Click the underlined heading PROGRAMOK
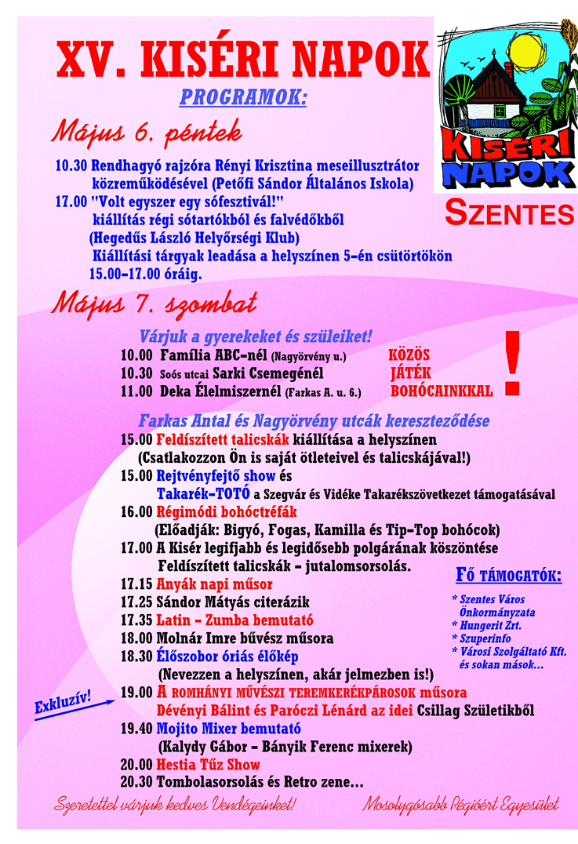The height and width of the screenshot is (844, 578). coord(243,98)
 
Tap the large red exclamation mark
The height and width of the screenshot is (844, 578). coord(512,362)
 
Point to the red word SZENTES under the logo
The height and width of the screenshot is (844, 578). coord(510,212)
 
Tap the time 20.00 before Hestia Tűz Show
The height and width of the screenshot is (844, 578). coord(136,764)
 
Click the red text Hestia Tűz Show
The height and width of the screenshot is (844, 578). coord(208,764)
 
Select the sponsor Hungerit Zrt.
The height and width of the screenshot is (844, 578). coord(490,626)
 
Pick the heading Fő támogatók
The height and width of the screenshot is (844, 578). coord(509,577)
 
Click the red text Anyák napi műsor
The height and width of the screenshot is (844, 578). coord(214,584)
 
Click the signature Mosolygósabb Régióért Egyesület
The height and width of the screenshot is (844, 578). coord(460,805)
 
